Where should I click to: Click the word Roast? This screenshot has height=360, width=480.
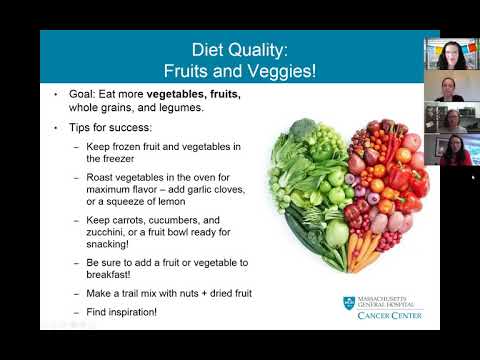tap(104, 180)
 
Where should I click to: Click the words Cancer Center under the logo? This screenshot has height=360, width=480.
tap(389, 316)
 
